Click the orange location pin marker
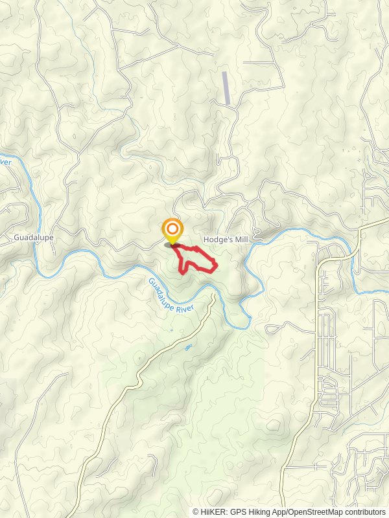(172, 232)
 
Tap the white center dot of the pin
(172, 229)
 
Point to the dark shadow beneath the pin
(172, 245)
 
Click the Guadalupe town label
(34, 238)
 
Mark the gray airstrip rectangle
(226, 88)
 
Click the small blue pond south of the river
(189, 347)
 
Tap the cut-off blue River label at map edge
(5, 161)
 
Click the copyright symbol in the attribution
(196, 512)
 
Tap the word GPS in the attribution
(238, 512)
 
